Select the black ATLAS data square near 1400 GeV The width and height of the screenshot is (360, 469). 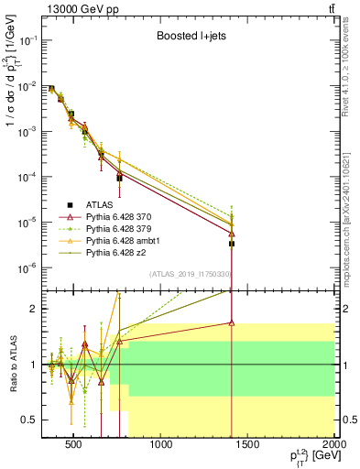click(x=232, y=244)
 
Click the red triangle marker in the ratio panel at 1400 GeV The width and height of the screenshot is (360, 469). click(x=232, y=322)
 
